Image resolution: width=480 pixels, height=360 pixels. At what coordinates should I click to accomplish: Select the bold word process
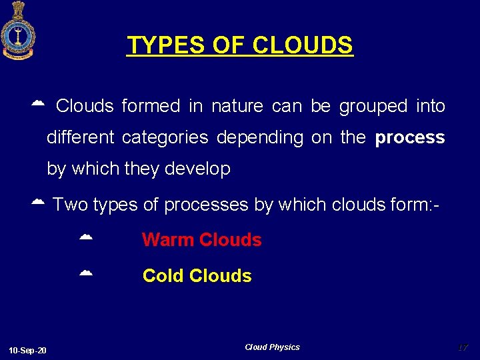click(x=409, y=138)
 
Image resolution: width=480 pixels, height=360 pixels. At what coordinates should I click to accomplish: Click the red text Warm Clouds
click(x=201, y=240)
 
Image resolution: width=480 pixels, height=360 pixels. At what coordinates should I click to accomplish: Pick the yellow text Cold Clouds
click(x=197, y=276)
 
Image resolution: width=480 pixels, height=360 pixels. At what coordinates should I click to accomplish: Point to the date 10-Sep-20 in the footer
click(x=28, y=350)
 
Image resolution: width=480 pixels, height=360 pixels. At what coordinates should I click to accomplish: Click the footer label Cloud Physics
click(x=272, y=347)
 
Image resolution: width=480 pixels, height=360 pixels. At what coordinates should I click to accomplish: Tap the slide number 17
click(x=463, y=347)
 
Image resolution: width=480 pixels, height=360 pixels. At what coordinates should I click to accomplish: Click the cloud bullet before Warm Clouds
click(x=85, y=237)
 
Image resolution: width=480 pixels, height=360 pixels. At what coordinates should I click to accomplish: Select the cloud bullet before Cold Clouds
click(x=85, y=273)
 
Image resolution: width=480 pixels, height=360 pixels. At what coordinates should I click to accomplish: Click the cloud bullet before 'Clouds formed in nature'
click(x=37, y=103)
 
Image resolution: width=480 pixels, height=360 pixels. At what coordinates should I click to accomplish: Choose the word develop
click(x=201, y=169)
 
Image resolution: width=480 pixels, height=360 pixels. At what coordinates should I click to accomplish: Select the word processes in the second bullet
click(x=206, y=205)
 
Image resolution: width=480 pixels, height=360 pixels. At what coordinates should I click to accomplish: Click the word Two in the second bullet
click(x=70, y=205)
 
